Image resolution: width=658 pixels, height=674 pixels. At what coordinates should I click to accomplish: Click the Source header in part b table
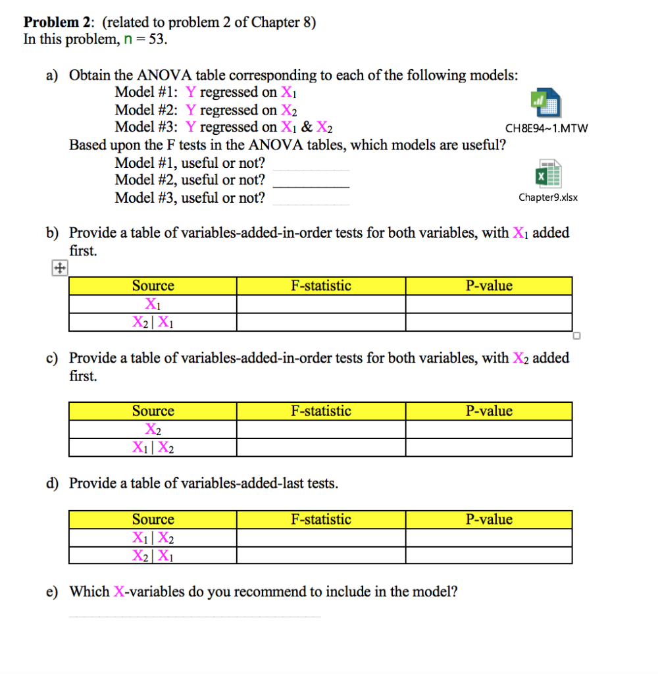coord(153,286)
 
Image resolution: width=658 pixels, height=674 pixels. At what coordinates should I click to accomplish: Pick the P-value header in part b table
coord(488,286)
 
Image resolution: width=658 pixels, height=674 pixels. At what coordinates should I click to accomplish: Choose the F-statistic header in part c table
coord(320,411)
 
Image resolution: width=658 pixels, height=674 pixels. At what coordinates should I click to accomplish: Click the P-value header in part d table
coord(488,519)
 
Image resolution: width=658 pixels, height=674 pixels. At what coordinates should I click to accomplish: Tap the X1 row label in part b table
coord(153,304)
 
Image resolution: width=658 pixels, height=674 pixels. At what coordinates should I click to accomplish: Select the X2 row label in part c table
coord(153,429)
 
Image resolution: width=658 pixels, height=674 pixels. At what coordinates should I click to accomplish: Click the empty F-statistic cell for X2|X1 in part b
coord(320,322)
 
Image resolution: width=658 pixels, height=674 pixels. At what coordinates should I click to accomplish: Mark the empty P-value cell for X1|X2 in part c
coord(488,448)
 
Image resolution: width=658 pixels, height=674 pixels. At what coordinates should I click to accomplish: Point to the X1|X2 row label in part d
coord(153,538)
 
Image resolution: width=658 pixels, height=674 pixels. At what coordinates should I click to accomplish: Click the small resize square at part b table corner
coord(576,336)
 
